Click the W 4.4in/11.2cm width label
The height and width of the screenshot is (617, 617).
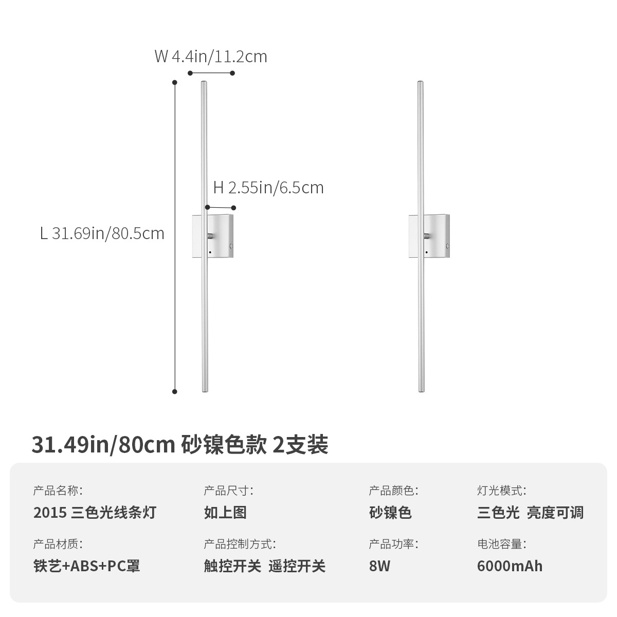click(211, 56)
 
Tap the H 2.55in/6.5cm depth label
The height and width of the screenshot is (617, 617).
click(268, 188)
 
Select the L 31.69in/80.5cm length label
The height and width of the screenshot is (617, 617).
click(102, 233)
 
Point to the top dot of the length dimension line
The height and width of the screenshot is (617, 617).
click(175, 82)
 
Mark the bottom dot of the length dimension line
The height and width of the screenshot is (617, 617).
click(175, 392)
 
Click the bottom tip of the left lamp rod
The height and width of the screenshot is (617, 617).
click(204, 391)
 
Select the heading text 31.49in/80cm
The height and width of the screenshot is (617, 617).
click(103, 445)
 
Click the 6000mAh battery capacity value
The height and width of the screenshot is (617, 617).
click(510, 566)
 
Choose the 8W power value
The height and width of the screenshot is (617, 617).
click(379, 566)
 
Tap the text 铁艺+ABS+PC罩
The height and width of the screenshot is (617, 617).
click(86, 566)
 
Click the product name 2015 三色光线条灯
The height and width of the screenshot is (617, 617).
click(95, 512)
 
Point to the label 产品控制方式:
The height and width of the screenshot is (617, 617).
click(240, 544)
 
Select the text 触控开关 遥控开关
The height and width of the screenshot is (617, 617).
click(265, 566)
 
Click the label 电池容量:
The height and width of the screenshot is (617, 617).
click(501, 544)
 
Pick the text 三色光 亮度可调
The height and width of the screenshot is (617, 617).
click(530, 512)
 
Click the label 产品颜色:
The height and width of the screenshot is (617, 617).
click(393, 491)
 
